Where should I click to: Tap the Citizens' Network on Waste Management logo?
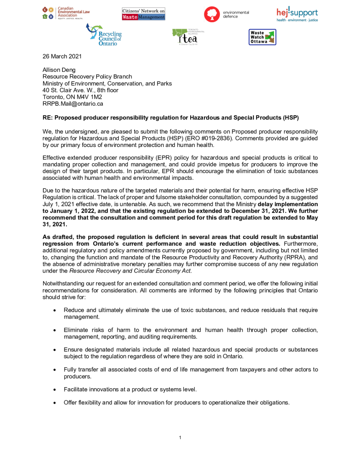click(x=143, y=14)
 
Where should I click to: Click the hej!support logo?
click(x=297, y=14)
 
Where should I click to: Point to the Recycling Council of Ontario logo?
click(x=104, y=35)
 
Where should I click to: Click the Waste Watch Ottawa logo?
click(x=262, y=37)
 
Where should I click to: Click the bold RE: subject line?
click(x=171, y=117)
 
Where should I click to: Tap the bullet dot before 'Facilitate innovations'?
click(x=55, y=390)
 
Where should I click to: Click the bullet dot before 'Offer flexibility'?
click(x=55, y=403)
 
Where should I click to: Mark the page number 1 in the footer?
click(x=180, y=438)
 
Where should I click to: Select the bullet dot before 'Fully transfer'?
click(x=55, y=370)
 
